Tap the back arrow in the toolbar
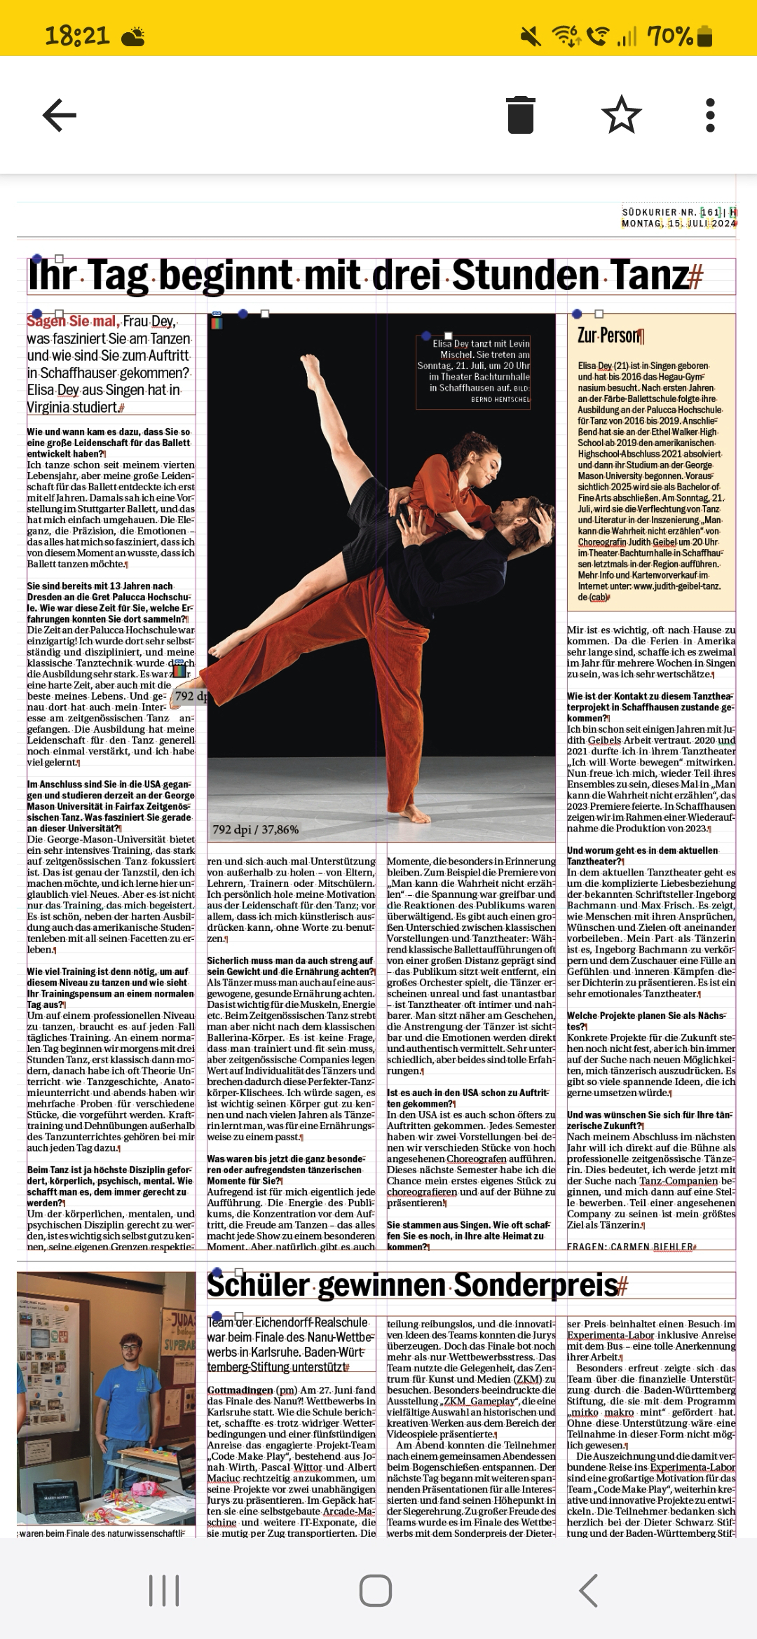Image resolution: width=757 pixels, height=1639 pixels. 60,116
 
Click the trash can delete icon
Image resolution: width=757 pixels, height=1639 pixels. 520,115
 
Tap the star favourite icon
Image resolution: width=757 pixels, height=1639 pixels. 621,115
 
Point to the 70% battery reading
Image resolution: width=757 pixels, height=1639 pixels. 669,35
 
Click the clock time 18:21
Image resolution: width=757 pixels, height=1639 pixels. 77,35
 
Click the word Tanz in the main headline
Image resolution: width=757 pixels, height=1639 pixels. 649,275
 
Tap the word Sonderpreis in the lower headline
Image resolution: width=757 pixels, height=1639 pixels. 536,1285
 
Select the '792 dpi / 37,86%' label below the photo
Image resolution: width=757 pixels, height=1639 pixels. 256,829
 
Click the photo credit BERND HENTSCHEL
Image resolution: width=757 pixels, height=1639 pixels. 500,400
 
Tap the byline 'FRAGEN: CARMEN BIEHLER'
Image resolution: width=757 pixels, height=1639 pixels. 630,1247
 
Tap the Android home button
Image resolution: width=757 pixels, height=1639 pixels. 376,1590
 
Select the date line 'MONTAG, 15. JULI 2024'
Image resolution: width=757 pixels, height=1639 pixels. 678,223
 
